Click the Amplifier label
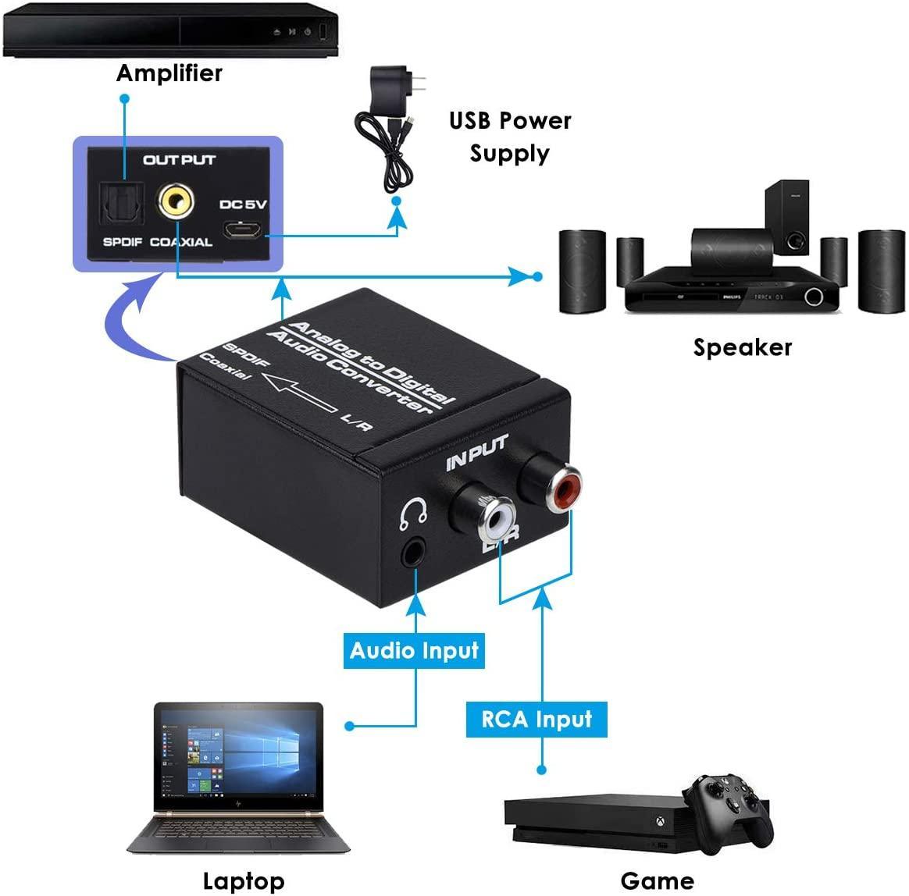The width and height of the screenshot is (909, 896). pyautogui.click(x=169, y=73)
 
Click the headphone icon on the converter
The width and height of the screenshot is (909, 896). pyautogui.click(x=412, y=512)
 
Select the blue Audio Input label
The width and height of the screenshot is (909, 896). pyautogui.click(x=414, y=651)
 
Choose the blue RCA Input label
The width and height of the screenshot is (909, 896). pyautogui.click(x=536, y=719)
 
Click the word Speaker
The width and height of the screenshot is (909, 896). pyautogui.click(x=742, y=347)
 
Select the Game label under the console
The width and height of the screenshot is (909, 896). pyautogui.click(x=657, y=881)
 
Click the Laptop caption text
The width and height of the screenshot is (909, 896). pyautogui.click(x=244, y=881)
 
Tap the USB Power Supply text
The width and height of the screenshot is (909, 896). pyautogui.click(x=510, y=137)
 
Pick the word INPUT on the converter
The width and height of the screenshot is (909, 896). pyautogui.click(x=476, y=453)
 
